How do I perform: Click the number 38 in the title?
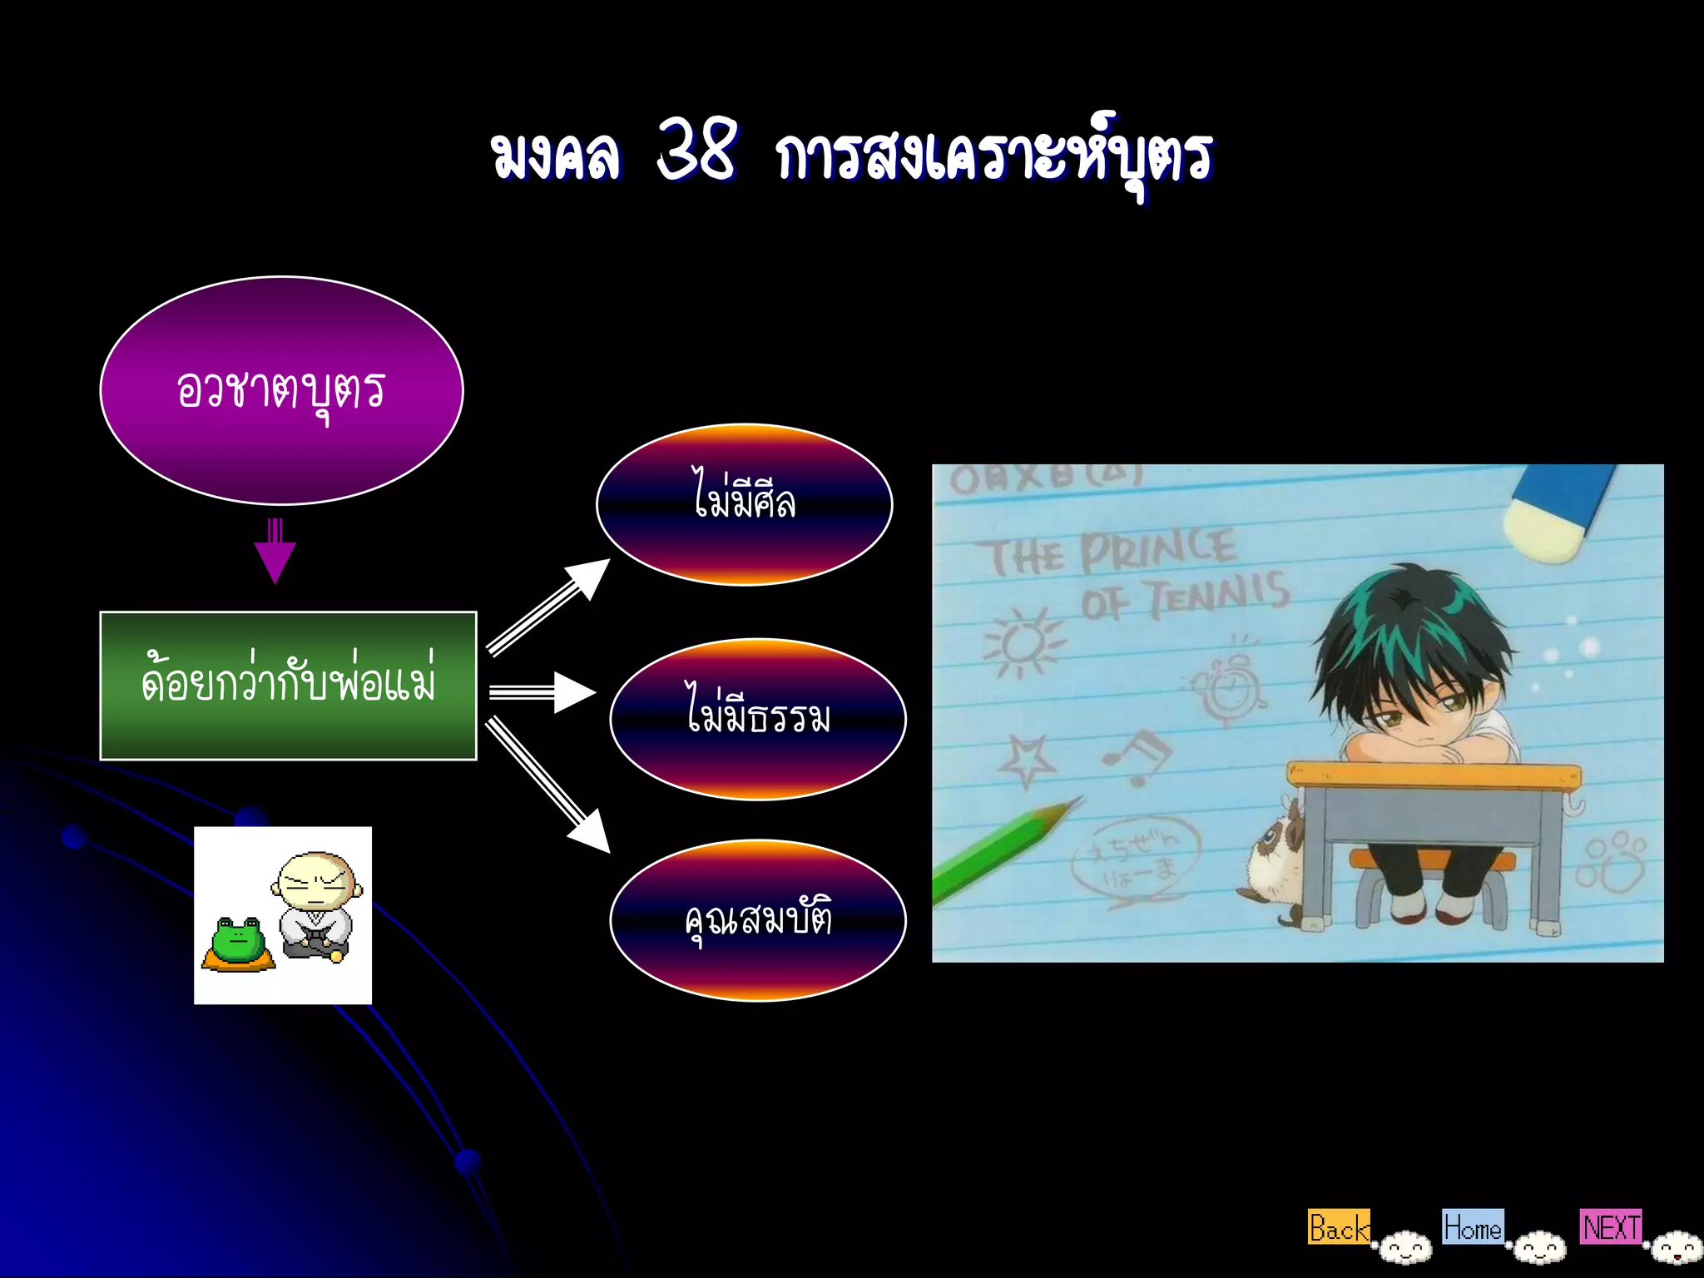697,150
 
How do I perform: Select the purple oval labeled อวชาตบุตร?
281,390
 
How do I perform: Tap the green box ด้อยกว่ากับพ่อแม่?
288,686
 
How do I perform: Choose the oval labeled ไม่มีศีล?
745,504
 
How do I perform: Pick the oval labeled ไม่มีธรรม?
758,719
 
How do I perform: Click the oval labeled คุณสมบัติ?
758,920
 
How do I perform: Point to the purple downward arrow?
275,552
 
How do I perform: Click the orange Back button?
1338,1227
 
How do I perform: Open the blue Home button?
1473,1227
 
